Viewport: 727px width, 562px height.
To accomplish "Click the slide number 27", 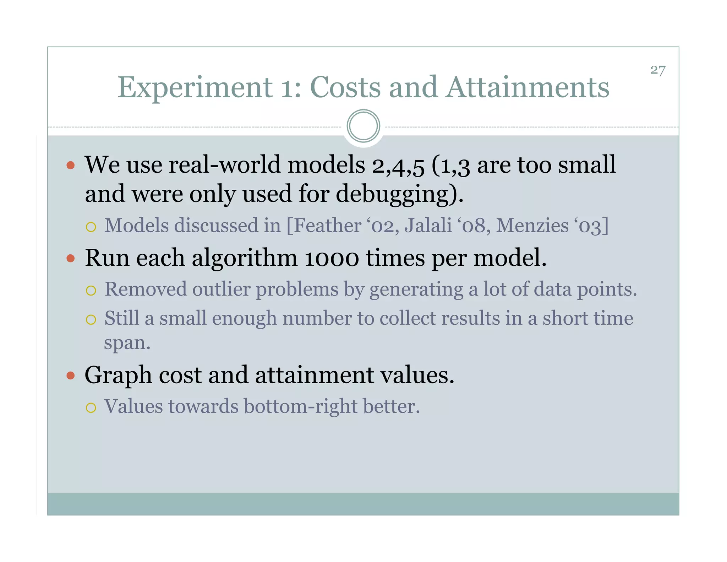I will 657,70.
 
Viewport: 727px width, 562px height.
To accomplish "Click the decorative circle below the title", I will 363,126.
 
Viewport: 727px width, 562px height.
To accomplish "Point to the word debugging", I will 395,194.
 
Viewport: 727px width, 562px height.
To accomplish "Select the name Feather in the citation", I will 327,226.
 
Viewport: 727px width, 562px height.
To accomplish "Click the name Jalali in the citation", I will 428,226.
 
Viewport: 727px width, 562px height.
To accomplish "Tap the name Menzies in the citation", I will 532,226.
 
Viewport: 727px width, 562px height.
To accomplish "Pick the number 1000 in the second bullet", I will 332,258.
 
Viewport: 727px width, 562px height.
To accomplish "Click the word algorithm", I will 245,258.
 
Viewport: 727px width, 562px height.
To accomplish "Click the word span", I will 127,344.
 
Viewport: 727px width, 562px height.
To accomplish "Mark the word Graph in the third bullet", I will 118,375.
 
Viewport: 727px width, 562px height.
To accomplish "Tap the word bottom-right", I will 301,406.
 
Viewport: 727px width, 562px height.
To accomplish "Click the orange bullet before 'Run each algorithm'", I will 71,258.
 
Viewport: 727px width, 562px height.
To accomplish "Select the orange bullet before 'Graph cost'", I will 71,375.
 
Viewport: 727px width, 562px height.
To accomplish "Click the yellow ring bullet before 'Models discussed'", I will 91,227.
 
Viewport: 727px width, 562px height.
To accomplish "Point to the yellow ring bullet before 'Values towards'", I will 91,407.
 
